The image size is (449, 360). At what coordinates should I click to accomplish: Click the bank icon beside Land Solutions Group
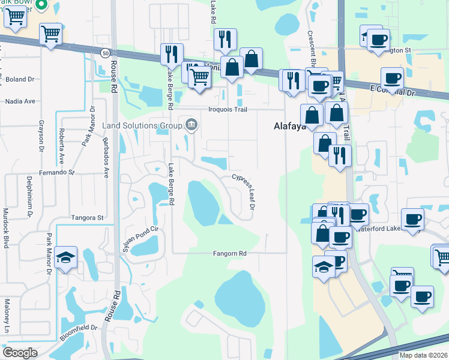point(191,125)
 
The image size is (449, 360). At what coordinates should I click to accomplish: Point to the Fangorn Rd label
point(230,253)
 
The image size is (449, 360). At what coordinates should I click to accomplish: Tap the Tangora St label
point(88,218)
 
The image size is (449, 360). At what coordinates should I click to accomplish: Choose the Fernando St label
point(54,172)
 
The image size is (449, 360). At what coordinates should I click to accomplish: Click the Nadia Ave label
point(20,101)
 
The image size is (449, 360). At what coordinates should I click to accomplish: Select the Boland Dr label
point(20,79)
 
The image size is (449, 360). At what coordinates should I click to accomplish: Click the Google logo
point(20,352)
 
